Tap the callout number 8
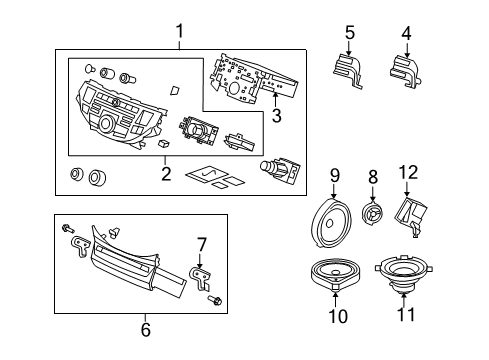(x=373, y=176)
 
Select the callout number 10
(x=336, y=317)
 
